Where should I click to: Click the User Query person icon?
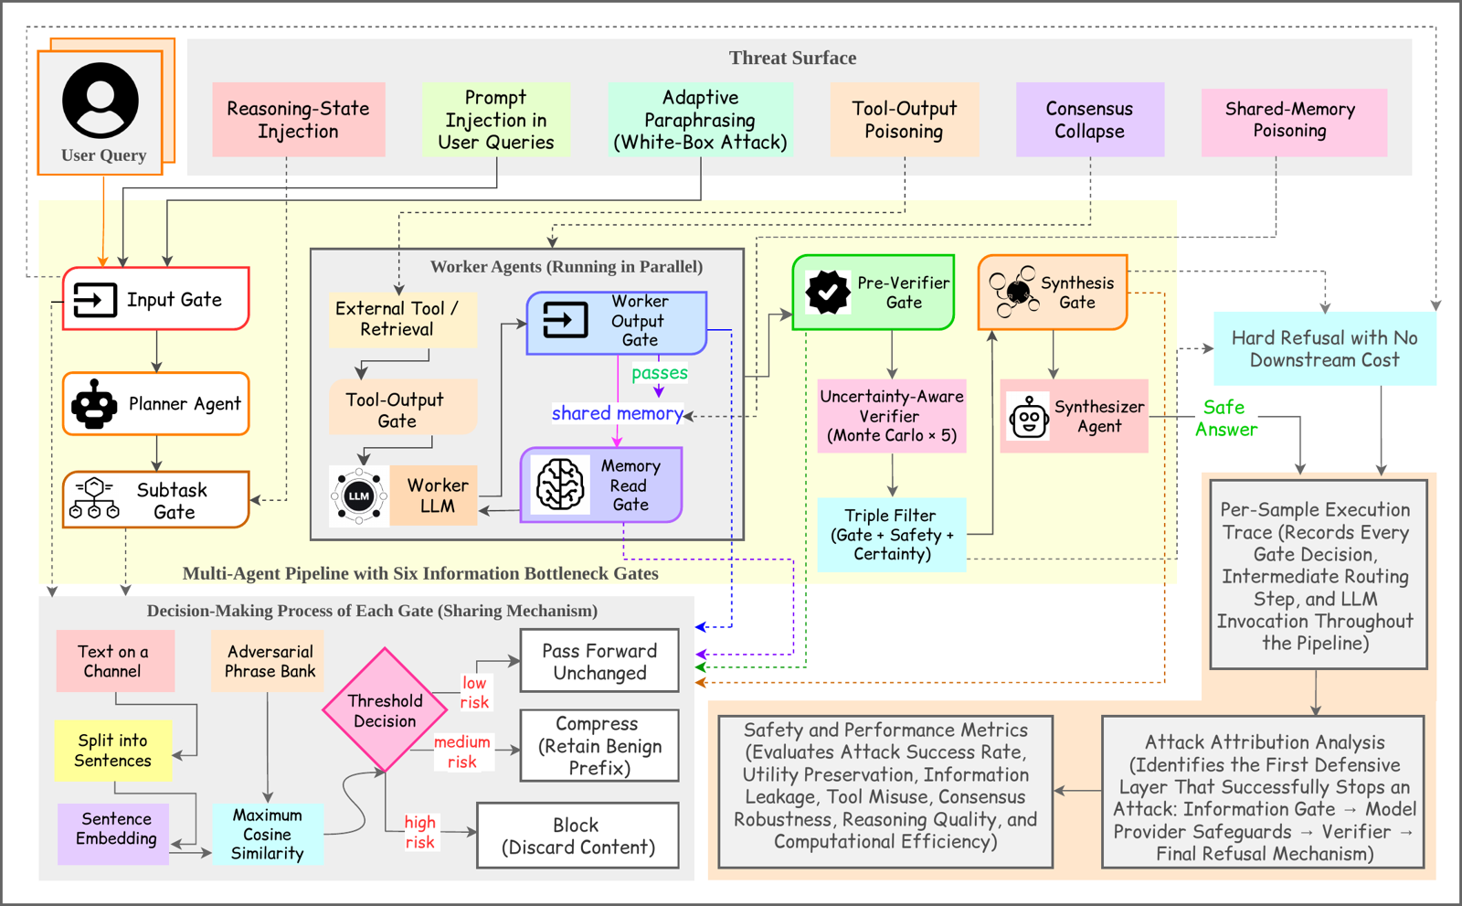click(x=101, y=101)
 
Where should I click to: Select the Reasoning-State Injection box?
click(x=298, y=120)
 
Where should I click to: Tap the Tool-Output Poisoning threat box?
click(x=904, y=120)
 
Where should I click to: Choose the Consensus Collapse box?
click(x=1089, y=120)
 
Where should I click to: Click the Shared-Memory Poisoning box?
click(x=1294, y=123)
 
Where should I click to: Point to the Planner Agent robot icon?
click(x=94, y=404)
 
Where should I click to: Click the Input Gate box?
click(x=156, y=299)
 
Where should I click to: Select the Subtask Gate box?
click(x=156, y=500)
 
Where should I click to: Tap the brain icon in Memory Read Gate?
click(x=560, y=484)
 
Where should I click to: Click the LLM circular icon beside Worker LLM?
click(x=358, y=496)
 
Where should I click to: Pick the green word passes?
click(x=659, y=373)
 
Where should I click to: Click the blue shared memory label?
click(x=618, y=413)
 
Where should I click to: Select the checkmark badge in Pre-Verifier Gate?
click(x=828, y=292)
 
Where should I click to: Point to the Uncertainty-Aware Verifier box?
click(x=892, y=416)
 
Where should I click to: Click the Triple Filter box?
click(x=892, y=535)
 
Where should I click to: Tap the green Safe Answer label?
click(x=1225, y=418)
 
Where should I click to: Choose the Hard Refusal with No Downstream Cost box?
click(x=1324, y=349)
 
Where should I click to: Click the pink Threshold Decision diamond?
click(x=385, y=710)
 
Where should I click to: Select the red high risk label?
click(x=419, y=832)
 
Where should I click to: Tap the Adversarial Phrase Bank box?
click(x=268, y=661)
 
